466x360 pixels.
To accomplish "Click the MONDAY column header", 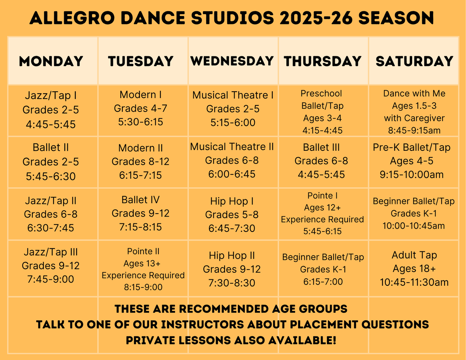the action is point(51,61).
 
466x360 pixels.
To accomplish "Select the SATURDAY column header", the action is point(414,61).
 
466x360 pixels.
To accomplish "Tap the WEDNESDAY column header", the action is point(232,61).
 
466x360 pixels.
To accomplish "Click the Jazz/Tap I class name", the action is point(51,95).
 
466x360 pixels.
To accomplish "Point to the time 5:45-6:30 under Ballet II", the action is point(51,176).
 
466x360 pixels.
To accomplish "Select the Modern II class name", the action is point(141,148).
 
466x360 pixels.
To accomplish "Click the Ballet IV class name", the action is point(141,199).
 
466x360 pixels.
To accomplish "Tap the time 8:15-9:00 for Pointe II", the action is point(143,287).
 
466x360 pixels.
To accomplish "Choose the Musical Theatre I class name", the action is point(233,95).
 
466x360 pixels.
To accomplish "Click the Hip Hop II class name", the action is point(232,255).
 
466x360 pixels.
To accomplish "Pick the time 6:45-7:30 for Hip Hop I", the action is point(232,228).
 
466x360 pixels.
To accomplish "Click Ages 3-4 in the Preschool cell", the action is point(323,118).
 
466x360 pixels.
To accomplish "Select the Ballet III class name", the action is point(321,147).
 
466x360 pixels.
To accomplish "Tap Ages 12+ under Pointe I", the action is point(323,208).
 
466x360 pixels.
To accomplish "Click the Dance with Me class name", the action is point(414,93).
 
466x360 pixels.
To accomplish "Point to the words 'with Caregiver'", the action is point(414,118).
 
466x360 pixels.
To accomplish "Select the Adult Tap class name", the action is point(414,255).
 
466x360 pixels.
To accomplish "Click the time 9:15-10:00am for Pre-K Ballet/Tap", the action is point(412,174).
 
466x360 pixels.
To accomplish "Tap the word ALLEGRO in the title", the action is point(72,18).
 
